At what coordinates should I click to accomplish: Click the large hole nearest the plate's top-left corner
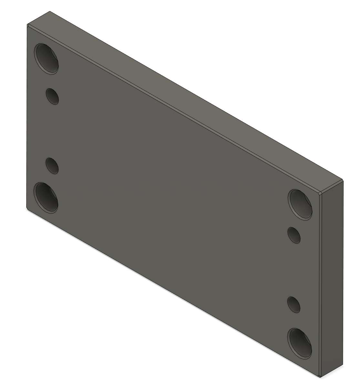tap(47, 59)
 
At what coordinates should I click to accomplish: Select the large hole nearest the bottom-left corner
tap(46, 197)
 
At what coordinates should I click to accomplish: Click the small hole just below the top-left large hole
tap(52, 96)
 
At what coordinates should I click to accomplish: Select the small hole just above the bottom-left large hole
tap(52, 165)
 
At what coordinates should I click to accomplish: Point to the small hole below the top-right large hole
tap(294, 235)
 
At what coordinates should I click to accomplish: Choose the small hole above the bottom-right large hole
tap(294, 304)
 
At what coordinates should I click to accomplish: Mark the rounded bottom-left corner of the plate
tap(28, 209)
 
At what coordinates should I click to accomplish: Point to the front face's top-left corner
tap(28, 25)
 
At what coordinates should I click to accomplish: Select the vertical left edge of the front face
tap(26, 116)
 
